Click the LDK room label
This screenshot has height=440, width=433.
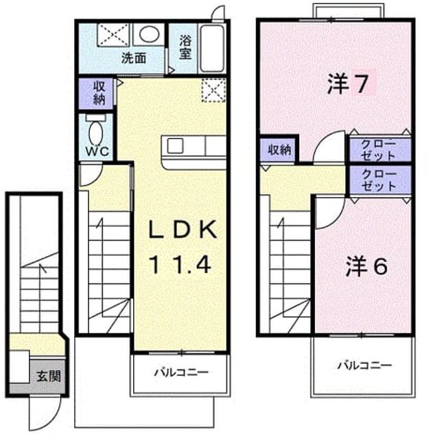(x=183, y=229)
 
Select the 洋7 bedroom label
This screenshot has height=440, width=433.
(x=347, y=83)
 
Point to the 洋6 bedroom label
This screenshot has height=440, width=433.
(x=366, y=266)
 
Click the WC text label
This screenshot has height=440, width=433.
(x=97, y=152)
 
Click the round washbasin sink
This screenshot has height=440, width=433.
(x=148, y=34)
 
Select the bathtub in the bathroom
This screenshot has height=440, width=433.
(x=212, y=48)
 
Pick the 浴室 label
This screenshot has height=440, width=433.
(x=185, y=47)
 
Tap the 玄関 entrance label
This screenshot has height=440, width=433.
(x=49, y=376)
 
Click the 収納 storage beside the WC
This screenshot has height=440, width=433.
(x=96, y=93)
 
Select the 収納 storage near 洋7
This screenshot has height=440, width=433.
(x=279, y=150)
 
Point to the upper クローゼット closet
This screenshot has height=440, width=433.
(x=380, y=150)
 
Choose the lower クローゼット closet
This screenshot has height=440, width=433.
(x=380, y=180)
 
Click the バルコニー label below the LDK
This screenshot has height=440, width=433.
(x=181, y=373)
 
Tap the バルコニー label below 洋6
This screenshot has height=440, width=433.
(x=364, y=365)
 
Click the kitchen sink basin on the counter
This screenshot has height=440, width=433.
(x=175, y=146)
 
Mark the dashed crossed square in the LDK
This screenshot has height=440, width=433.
(x=213, y=90)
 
